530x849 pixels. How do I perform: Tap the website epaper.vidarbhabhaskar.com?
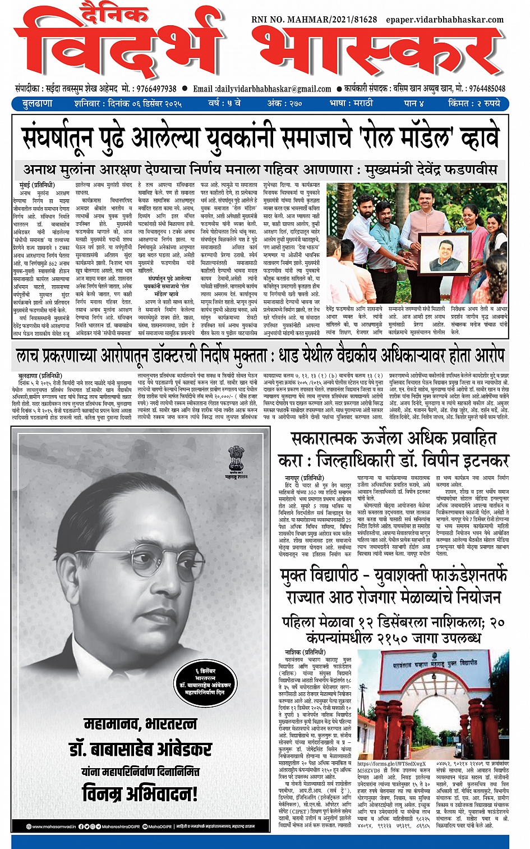(445, 20)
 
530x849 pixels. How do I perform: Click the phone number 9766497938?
(156, 89)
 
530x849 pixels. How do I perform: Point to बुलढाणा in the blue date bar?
(37, 103)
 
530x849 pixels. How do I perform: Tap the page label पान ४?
(413, 103)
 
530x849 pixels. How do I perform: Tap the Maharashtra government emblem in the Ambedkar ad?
(236, 458)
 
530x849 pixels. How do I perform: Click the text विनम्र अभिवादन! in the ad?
(140, 793)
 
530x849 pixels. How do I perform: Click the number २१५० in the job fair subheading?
(397, 638)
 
